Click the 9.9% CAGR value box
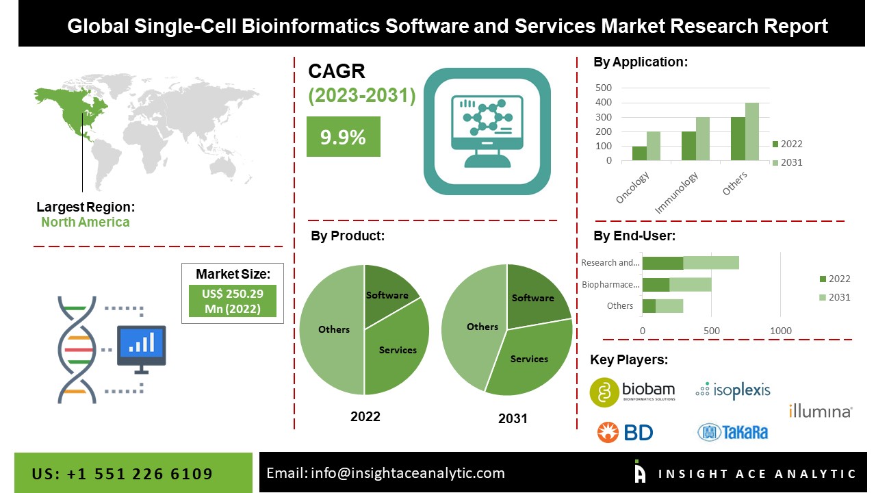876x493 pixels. coord(343,137)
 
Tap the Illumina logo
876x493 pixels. coord(820,411)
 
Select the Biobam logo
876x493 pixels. coord(632,390)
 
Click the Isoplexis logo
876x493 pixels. coord(732,390)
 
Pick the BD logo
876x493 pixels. coord(625,432)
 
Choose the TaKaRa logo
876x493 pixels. coord(732,432)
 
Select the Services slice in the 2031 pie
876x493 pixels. coord(528,359)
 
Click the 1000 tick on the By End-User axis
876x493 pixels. coord(781,331)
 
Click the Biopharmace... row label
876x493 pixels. coord(610,285)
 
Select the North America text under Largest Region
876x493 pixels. coord(85,222)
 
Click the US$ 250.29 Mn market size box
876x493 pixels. coord(233,301)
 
